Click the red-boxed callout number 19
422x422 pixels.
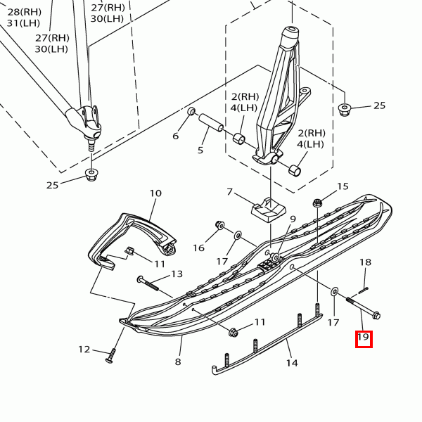(x=363, y=338)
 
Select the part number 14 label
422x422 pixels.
(x=292, y=363)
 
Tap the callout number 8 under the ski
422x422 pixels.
(x=178, y=362)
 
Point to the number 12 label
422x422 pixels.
(x=84, y=350)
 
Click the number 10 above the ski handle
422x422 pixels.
(x=155, y=193)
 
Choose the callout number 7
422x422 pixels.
(x=229, y=192)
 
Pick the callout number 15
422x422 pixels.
(x=343, y=186)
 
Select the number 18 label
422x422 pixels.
(x=365, y=262)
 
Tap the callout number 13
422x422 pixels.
(x=177, y=274)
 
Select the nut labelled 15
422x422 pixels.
(x=317, y=202)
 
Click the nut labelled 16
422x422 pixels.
(x=219, y=226)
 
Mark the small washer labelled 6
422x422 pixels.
(x=191, y=111)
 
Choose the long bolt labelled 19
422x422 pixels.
(x=362, y=308)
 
